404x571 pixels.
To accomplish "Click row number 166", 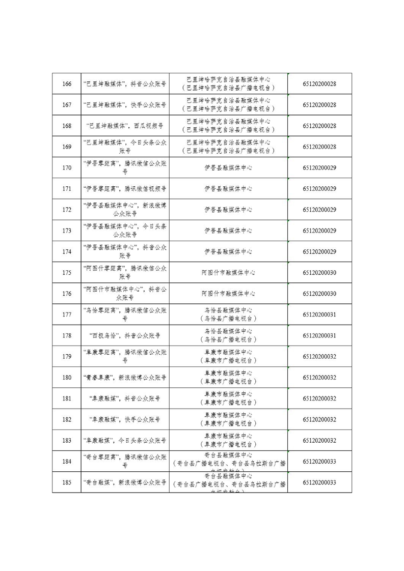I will point(66,84).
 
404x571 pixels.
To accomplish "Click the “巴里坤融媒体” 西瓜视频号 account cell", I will point(125,126).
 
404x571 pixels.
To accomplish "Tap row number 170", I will point(66,168).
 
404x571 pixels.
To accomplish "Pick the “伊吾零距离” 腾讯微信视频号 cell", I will point(125,189).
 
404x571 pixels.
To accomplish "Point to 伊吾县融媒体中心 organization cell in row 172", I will point(228,210).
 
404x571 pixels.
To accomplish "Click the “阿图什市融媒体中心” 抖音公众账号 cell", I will point(125,294).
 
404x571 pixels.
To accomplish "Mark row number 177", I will point(66,315).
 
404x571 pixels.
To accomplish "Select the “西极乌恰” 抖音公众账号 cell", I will point(125,336).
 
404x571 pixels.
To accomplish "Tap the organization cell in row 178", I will point(228,336).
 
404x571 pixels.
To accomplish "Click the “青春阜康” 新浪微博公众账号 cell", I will point(125,378).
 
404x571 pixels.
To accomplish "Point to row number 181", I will point(66,398).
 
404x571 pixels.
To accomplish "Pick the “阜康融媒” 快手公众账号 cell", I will point(125,420).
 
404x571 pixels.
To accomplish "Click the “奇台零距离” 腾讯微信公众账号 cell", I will point(125,462).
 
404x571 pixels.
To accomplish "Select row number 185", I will point(66,482).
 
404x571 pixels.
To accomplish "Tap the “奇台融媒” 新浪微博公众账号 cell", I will point(125,482).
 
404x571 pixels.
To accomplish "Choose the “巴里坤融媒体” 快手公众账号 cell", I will point(125,105).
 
